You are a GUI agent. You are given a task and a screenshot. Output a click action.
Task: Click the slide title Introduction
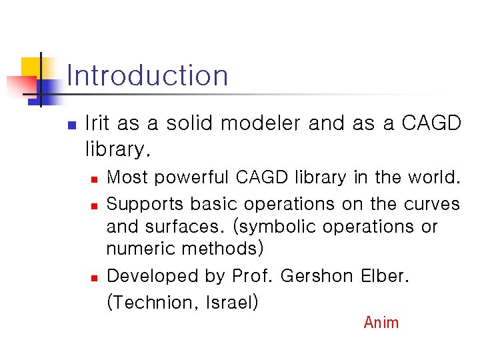point(147,75)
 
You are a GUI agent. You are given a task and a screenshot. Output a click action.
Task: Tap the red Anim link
point(381,323)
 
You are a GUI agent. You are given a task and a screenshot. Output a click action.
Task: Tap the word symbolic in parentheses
point(275,227)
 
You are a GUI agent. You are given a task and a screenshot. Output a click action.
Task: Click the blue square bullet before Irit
point(73,125)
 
